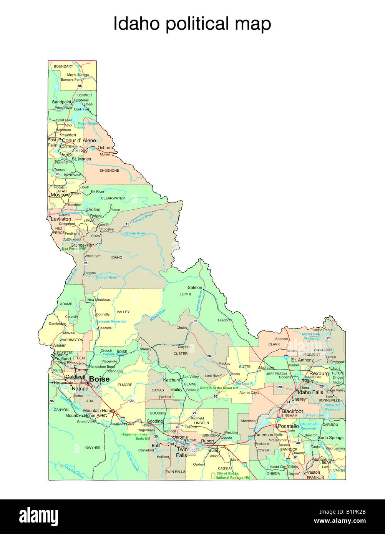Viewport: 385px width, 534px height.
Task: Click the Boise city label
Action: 100,379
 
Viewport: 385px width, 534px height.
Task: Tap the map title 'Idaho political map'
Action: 192,24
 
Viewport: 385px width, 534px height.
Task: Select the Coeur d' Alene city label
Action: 79,141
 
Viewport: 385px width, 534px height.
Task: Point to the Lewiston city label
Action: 61,219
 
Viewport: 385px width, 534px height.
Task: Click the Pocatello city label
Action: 288,426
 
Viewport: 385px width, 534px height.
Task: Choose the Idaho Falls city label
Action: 310,392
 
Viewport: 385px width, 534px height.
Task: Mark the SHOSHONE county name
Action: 110,171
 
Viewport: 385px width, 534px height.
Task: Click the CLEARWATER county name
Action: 113,198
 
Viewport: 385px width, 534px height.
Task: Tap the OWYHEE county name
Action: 93,448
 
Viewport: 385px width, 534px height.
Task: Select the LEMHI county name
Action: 185,294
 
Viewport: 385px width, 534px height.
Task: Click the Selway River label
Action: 135,233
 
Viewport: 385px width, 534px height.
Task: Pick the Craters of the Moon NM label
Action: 219,388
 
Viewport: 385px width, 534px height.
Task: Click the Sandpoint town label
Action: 62,102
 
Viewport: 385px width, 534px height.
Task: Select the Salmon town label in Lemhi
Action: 195,287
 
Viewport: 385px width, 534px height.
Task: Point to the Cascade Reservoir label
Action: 111,321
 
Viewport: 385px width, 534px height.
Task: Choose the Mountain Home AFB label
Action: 85,416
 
